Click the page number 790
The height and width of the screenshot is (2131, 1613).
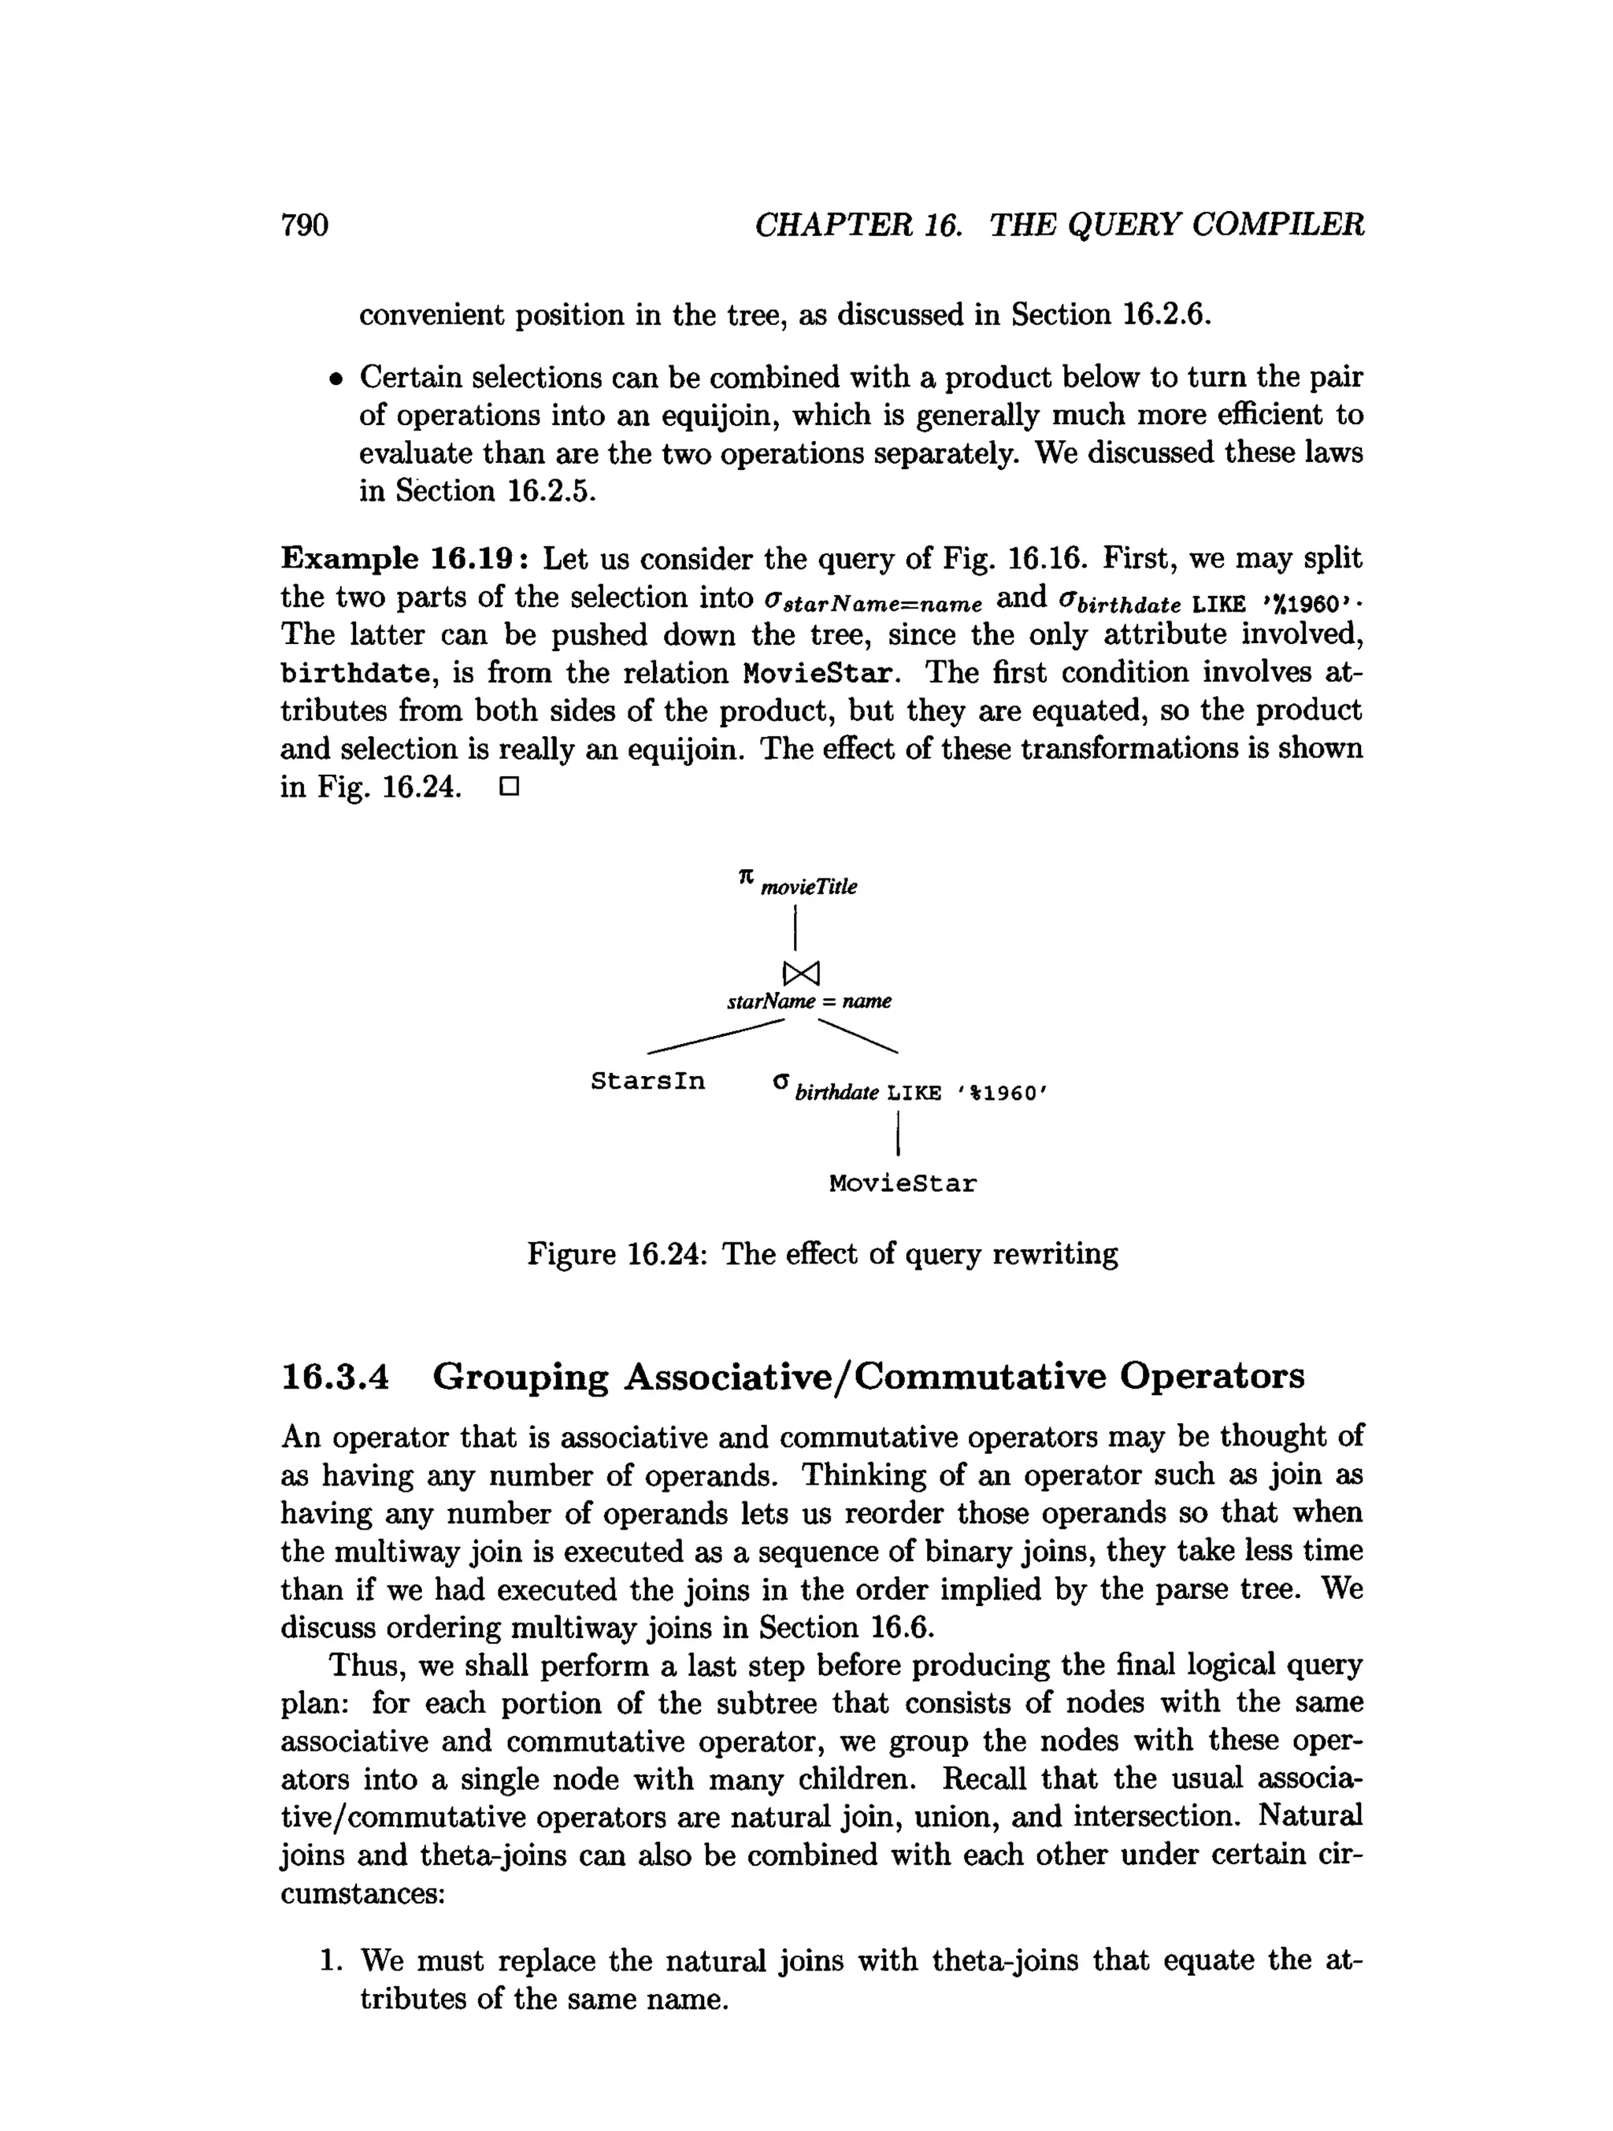(305, 224)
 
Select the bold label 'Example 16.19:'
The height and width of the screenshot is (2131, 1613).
(404, 559)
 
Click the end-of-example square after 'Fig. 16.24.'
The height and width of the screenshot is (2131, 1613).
(509, 787)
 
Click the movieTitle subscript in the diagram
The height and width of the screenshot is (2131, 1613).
(808, 887)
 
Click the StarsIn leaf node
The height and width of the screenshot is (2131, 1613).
(647, 1081)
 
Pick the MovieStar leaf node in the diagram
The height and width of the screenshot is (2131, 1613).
(902, 1183)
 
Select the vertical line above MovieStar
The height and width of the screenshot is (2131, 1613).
(897, 1133)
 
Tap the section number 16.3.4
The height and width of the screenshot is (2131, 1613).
(335, 1376)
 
